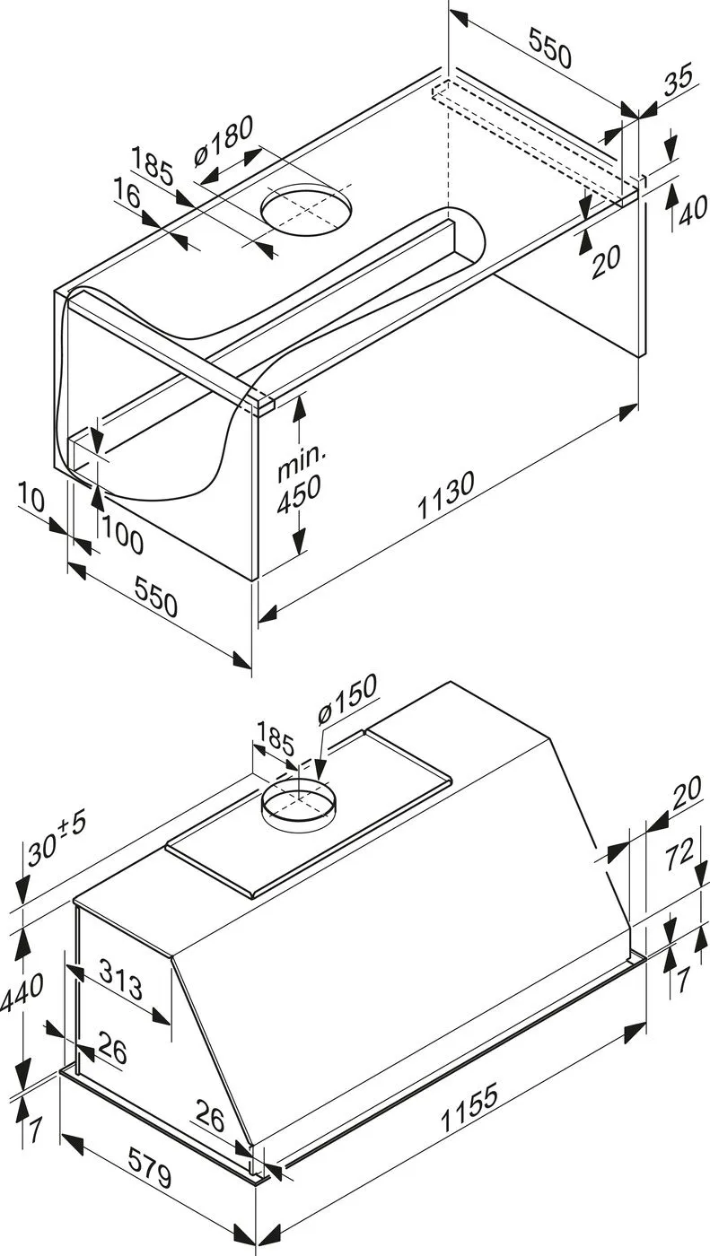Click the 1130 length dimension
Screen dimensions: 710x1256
click(x=446, y=495)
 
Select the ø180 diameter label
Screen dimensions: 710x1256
click(x=224, y=141)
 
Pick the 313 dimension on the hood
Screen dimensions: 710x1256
click(x=122, y=979)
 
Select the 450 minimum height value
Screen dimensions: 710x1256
click(x=300, y=494)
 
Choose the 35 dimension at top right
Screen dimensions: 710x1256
click(x=679, y=81)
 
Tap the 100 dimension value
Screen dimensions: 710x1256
click(x=122, y=539)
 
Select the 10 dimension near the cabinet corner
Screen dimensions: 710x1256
click(x=31, y=498)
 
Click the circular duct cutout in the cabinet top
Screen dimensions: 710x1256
click(x=307, y=210)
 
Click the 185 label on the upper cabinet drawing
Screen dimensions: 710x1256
click(x=152, y=167)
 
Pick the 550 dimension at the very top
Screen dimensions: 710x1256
click(x=550, y=48)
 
